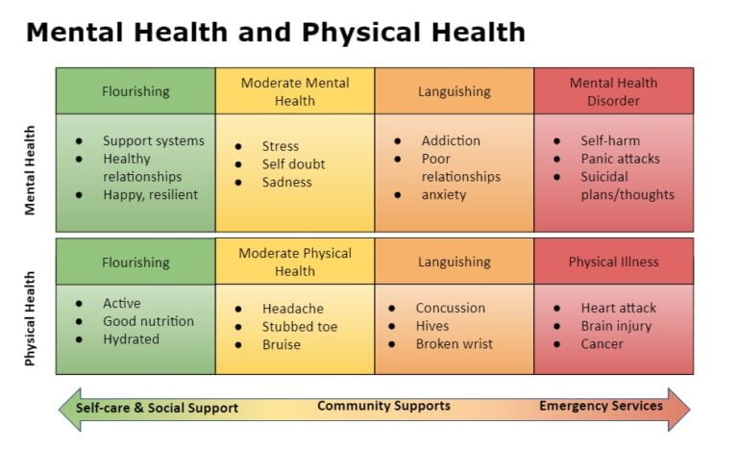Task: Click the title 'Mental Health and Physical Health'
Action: tap(275, 32)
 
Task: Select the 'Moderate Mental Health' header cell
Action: tap(295, 91)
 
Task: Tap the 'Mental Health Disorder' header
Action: tap(613, 91)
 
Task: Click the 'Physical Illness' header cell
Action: tap(613, 262)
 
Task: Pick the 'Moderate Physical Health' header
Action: tap(295, 262)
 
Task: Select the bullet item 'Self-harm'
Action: tap(609, 140)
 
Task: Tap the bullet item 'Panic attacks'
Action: tap(620, 159)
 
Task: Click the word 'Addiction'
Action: tap(451, 140)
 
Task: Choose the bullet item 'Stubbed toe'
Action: tap(299, 327)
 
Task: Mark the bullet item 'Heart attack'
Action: tap(618, 308)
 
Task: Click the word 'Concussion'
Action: tap(450, 308)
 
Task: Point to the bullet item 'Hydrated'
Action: tap(131, 339)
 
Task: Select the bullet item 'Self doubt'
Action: tap(293, 164)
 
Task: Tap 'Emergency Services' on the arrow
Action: tap(601, 406)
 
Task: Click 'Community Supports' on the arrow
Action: tap(383, 406)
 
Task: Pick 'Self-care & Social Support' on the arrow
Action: tap(157, 408)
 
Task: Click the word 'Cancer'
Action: tap(602, 344)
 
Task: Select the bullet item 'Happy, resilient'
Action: tap(150, 194)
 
